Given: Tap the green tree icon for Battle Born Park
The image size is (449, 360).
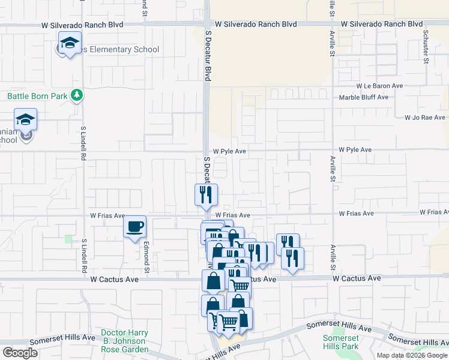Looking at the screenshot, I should [76, 95].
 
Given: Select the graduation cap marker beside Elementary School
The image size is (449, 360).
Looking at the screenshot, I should [70, 43].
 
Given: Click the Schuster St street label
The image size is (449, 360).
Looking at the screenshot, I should [426, 46].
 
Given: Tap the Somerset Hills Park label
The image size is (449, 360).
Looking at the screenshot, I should [340, 342].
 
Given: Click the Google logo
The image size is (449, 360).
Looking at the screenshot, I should [20, 352].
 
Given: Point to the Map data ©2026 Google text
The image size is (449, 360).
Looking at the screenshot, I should [412, 355].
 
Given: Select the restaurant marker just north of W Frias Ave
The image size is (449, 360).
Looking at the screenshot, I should [205, 194].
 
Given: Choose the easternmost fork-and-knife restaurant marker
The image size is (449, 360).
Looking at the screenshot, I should [292, 259].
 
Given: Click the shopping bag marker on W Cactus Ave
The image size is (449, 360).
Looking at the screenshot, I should [213, 280].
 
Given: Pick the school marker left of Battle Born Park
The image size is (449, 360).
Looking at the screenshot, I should [26, 120].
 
